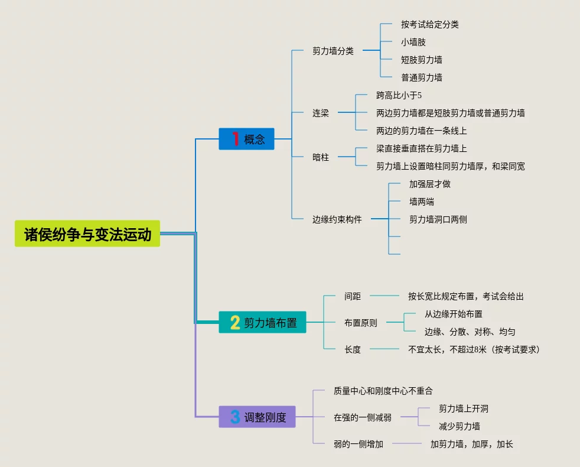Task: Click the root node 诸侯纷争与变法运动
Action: point(87,234)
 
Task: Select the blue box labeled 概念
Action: point(247,139)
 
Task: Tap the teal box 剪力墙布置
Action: point(263,323)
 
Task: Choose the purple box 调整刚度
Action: point(258,417)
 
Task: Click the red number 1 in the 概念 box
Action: point(235,139)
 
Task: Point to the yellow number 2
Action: point(234,323)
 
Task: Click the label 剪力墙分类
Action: point(333,51)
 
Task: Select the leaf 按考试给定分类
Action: point(429,24)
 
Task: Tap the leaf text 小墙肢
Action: point(413,42)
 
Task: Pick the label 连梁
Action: point(321,113)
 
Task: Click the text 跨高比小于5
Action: point(399,95)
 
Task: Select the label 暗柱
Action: point(321,157)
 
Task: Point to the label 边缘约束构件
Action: point(337,219)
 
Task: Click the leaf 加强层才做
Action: point(429,184)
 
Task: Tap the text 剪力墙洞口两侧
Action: point(438,219)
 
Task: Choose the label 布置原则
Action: point(361,323)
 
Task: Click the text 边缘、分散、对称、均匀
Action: point(470,332)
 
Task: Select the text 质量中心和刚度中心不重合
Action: point(383,391)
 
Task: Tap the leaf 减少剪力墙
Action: point(459,426)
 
